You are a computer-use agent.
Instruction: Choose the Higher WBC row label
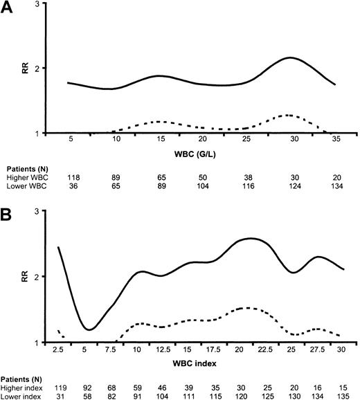click(x=28, y=176)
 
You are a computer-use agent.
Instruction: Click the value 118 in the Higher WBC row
click(x=72, y=176)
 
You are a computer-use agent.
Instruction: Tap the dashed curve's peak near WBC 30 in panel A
click(x=288, y=115)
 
